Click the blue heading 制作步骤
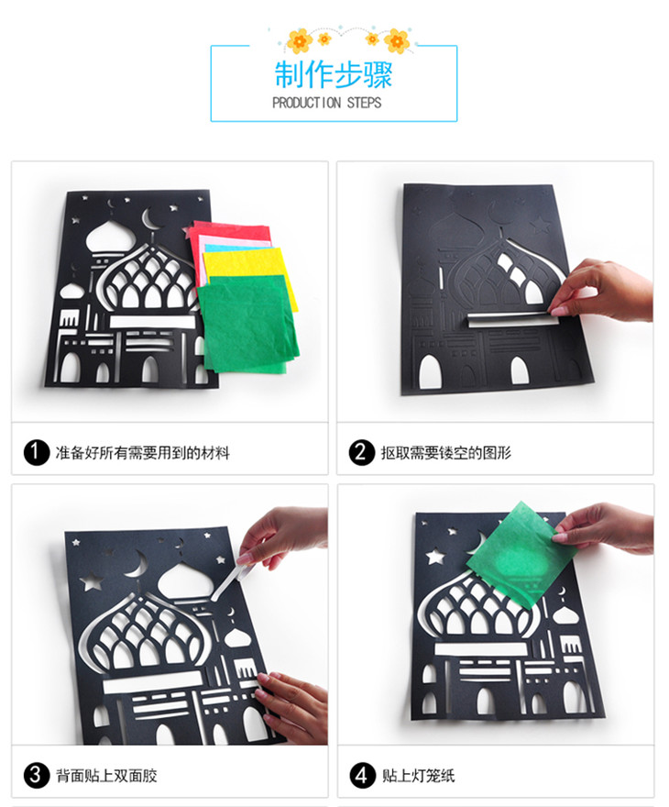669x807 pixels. point(334,74)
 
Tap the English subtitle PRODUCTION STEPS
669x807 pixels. point(327,103)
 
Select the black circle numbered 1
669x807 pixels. point(36,452)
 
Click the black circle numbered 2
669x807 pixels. point(361,452)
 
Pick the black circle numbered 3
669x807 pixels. point(36,776)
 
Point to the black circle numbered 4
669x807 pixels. point(361,776)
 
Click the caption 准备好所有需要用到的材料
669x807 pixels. point(142,453)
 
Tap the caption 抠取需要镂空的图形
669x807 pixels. point(445,453)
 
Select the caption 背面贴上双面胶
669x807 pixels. point(106,776)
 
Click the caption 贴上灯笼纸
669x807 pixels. point(418,776)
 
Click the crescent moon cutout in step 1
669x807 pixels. point(149,220)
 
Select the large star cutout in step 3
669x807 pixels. point(92,582)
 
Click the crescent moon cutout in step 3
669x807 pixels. point(136,565)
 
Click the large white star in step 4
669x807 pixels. point(435,557)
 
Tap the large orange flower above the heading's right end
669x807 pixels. point(397,40)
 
